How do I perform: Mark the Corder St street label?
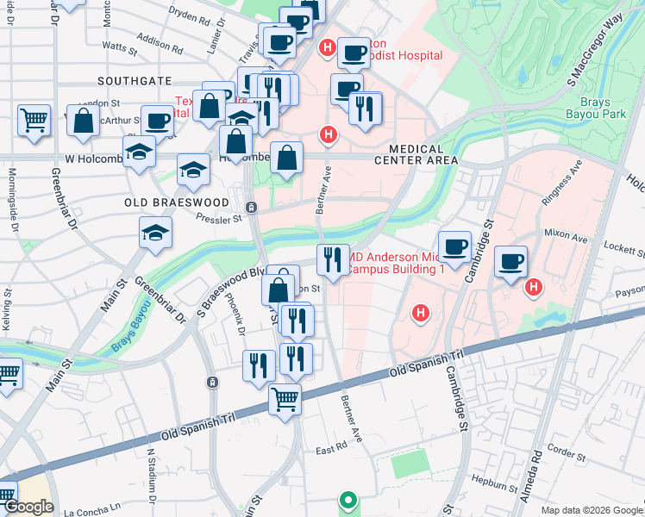point(567,449)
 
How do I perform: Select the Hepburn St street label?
point(492,483)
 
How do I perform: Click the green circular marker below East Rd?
point(348,499)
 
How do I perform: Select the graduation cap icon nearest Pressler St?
point(156,233)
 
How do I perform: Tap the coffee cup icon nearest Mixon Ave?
point(510,261)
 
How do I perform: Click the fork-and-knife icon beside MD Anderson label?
point(332,258)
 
